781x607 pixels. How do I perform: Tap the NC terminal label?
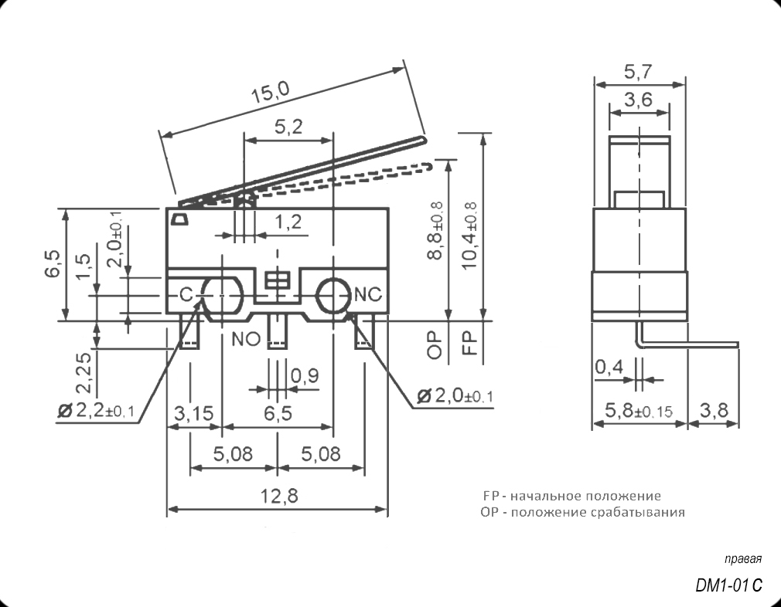point(367,294)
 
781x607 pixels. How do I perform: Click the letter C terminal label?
point(186,294)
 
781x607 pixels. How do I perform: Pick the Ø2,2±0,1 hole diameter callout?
point(96,410)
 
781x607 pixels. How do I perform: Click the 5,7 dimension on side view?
point(638,72)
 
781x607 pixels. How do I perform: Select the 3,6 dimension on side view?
point(638,100)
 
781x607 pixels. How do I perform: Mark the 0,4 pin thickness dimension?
point(609,368)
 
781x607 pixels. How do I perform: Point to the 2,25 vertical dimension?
point(84,371)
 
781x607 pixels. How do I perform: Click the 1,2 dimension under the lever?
point(287,222)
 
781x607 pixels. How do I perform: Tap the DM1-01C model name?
point(728,586)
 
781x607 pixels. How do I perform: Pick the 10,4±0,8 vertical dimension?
point(469,236)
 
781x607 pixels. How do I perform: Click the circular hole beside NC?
point(333,294)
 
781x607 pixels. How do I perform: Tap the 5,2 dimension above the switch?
point(288,129)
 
